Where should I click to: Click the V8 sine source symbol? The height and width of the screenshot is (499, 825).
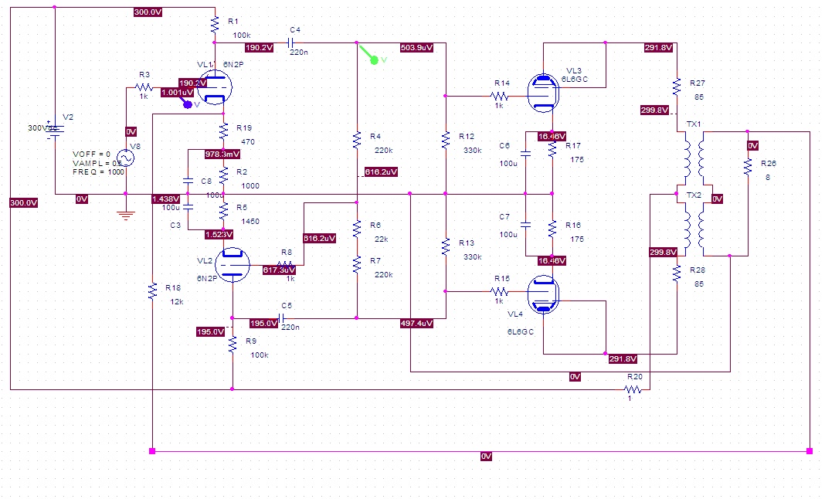click(x=125, y=158)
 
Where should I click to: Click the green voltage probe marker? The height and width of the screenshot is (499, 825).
click(x=374, y=59)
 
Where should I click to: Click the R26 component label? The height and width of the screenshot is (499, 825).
click(x=769, y=164)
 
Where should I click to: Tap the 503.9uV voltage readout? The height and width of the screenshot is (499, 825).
click(x=416, y=48)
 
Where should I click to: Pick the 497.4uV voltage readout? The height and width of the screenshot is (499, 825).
click(x=416, y=323)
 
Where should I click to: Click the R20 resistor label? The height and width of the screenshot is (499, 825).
click(x=635, y=377)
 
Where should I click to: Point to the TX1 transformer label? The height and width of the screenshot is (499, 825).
click(x=694, y=124)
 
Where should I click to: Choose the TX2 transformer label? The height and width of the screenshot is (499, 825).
click(x=694, y=195)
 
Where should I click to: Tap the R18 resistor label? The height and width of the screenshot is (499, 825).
click(x=173, y=287)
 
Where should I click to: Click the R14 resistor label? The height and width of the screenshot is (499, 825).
click(x=502, y=83)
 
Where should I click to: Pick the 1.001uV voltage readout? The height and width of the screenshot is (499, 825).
click(x=177, y=93)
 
